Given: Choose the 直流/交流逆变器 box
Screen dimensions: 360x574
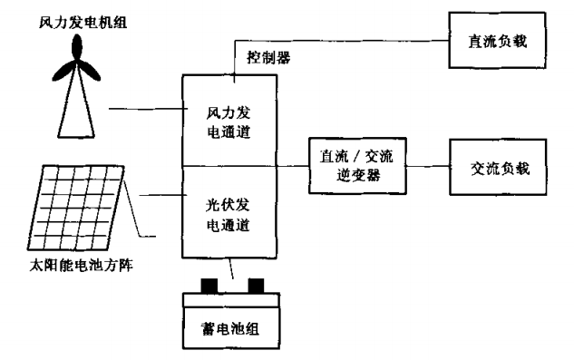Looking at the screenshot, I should point(355,164).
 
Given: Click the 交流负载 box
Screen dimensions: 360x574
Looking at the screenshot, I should point(499,168).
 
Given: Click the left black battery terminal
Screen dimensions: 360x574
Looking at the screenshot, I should point(209,287).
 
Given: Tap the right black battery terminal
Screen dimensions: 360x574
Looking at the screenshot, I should point(258,287).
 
